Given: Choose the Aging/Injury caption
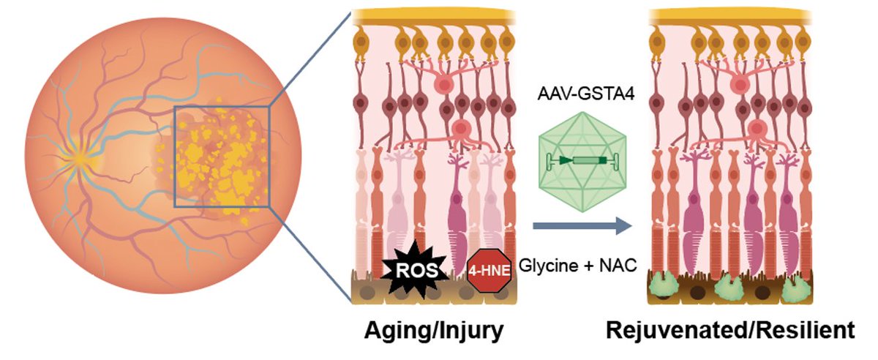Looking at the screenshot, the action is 435,331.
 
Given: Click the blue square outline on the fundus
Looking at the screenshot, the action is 222,108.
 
